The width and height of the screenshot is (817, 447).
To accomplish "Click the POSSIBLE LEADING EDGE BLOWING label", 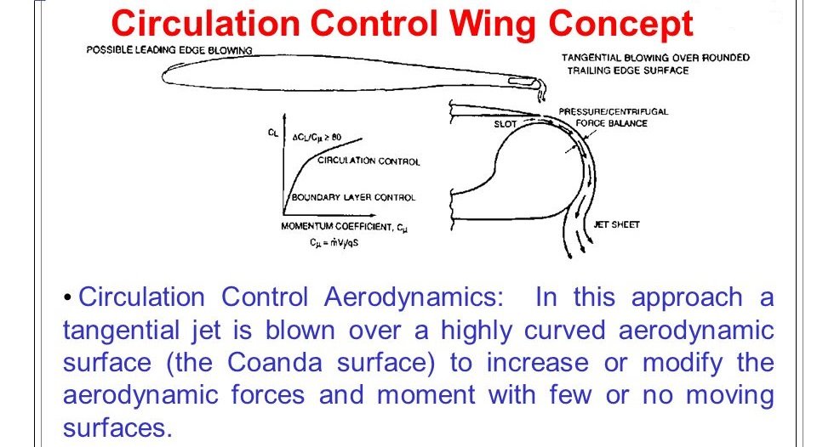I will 169,50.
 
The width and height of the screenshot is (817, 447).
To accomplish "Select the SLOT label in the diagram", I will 506,124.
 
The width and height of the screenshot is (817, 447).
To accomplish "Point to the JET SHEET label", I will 616,225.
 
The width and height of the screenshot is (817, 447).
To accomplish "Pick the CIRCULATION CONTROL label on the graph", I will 369,161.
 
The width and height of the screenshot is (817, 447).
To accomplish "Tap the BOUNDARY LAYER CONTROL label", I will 353,197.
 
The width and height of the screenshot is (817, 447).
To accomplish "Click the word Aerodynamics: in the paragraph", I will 414,298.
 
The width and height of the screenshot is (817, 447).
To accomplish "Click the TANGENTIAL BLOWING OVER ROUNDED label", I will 655,57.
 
